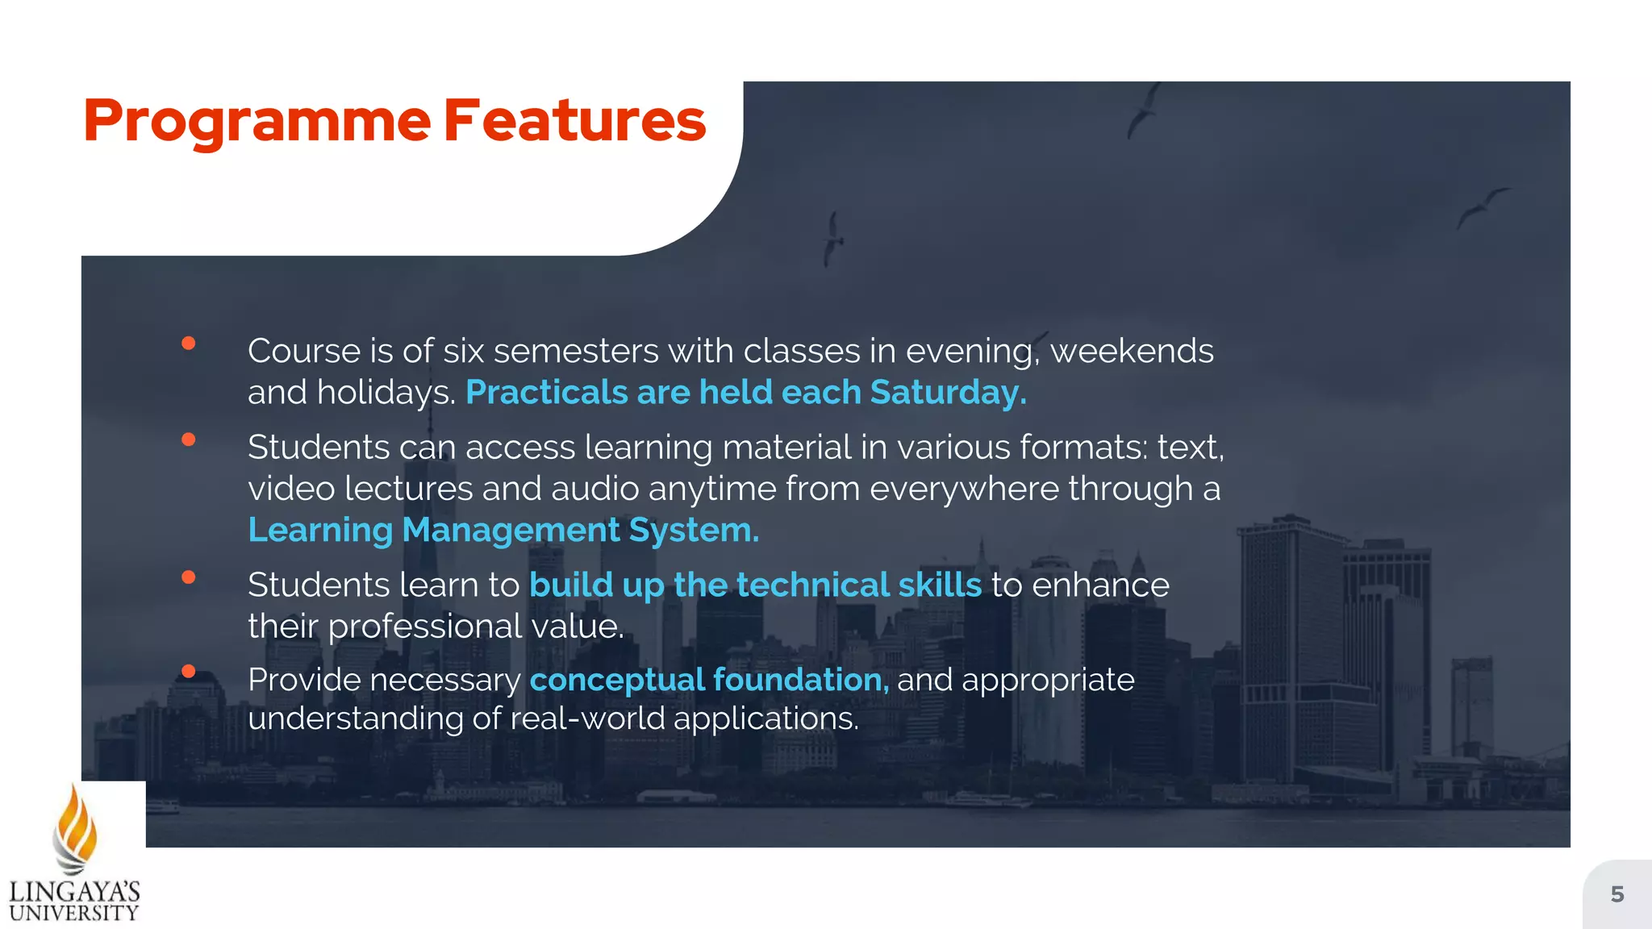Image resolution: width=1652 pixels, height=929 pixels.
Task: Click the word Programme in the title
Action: (x=257, y=121)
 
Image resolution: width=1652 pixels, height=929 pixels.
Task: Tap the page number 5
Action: (x=1617, y=894)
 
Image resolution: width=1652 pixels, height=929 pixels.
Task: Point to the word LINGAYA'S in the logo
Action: (x=74, y=892)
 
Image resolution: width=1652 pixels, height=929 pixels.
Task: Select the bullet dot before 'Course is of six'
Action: (x=189, y=344)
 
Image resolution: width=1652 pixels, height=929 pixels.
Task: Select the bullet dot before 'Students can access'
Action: (x=189, y=440)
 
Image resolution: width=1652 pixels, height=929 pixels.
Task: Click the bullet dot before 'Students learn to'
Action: (x=189, y=577)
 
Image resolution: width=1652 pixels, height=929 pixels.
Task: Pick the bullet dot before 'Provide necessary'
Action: (x=189, y=671)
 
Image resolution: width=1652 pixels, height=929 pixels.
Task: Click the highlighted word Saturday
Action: (x=948, y=393)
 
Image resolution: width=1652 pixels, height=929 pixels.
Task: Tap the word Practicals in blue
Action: (x=546, y=393)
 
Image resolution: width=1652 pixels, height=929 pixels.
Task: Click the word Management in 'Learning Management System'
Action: (x=511, y=531)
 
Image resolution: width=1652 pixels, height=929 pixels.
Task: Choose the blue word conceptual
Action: (x=616, y=680)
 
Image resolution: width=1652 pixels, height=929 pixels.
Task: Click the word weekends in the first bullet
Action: (x=1131, y=352)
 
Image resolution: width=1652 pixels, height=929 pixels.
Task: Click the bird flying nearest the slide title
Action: (x=833, y=238)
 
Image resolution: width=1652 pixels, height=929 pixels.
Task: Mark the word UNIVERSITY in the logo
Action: (x=74, y=913)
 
